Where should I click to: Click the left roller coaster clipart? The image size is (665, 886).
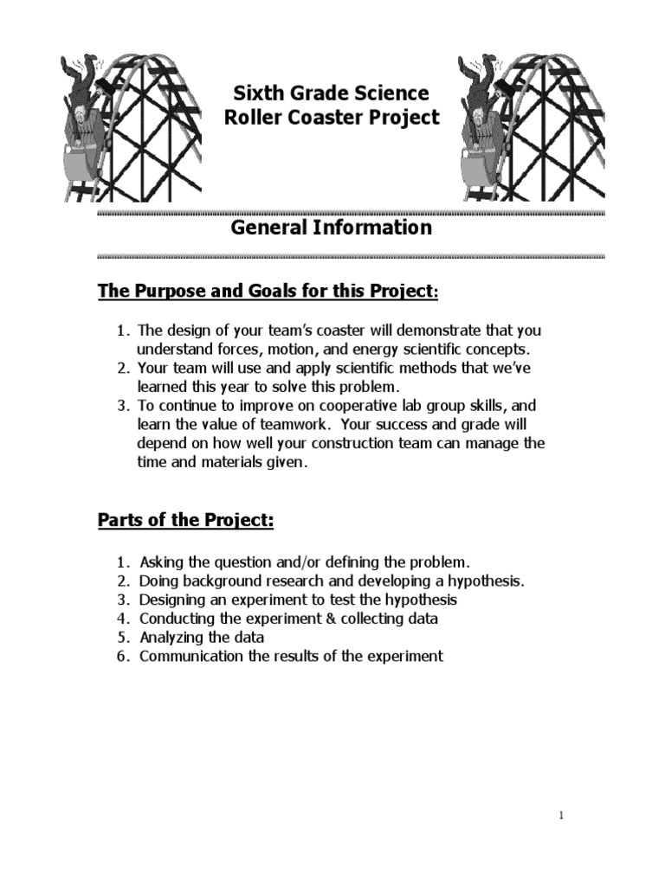[130, 127]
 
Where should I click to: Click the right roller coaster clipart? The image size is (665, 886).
[530, 127]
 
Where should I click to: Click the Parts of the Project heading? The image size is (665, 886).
[185, 521]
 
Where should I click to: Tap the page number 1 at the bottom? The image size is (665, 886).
[561, 814]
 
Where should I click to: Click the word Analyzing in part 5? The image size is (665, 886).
[171, 638]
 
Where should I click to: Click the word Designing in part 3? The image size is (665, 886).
[172, 600]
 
